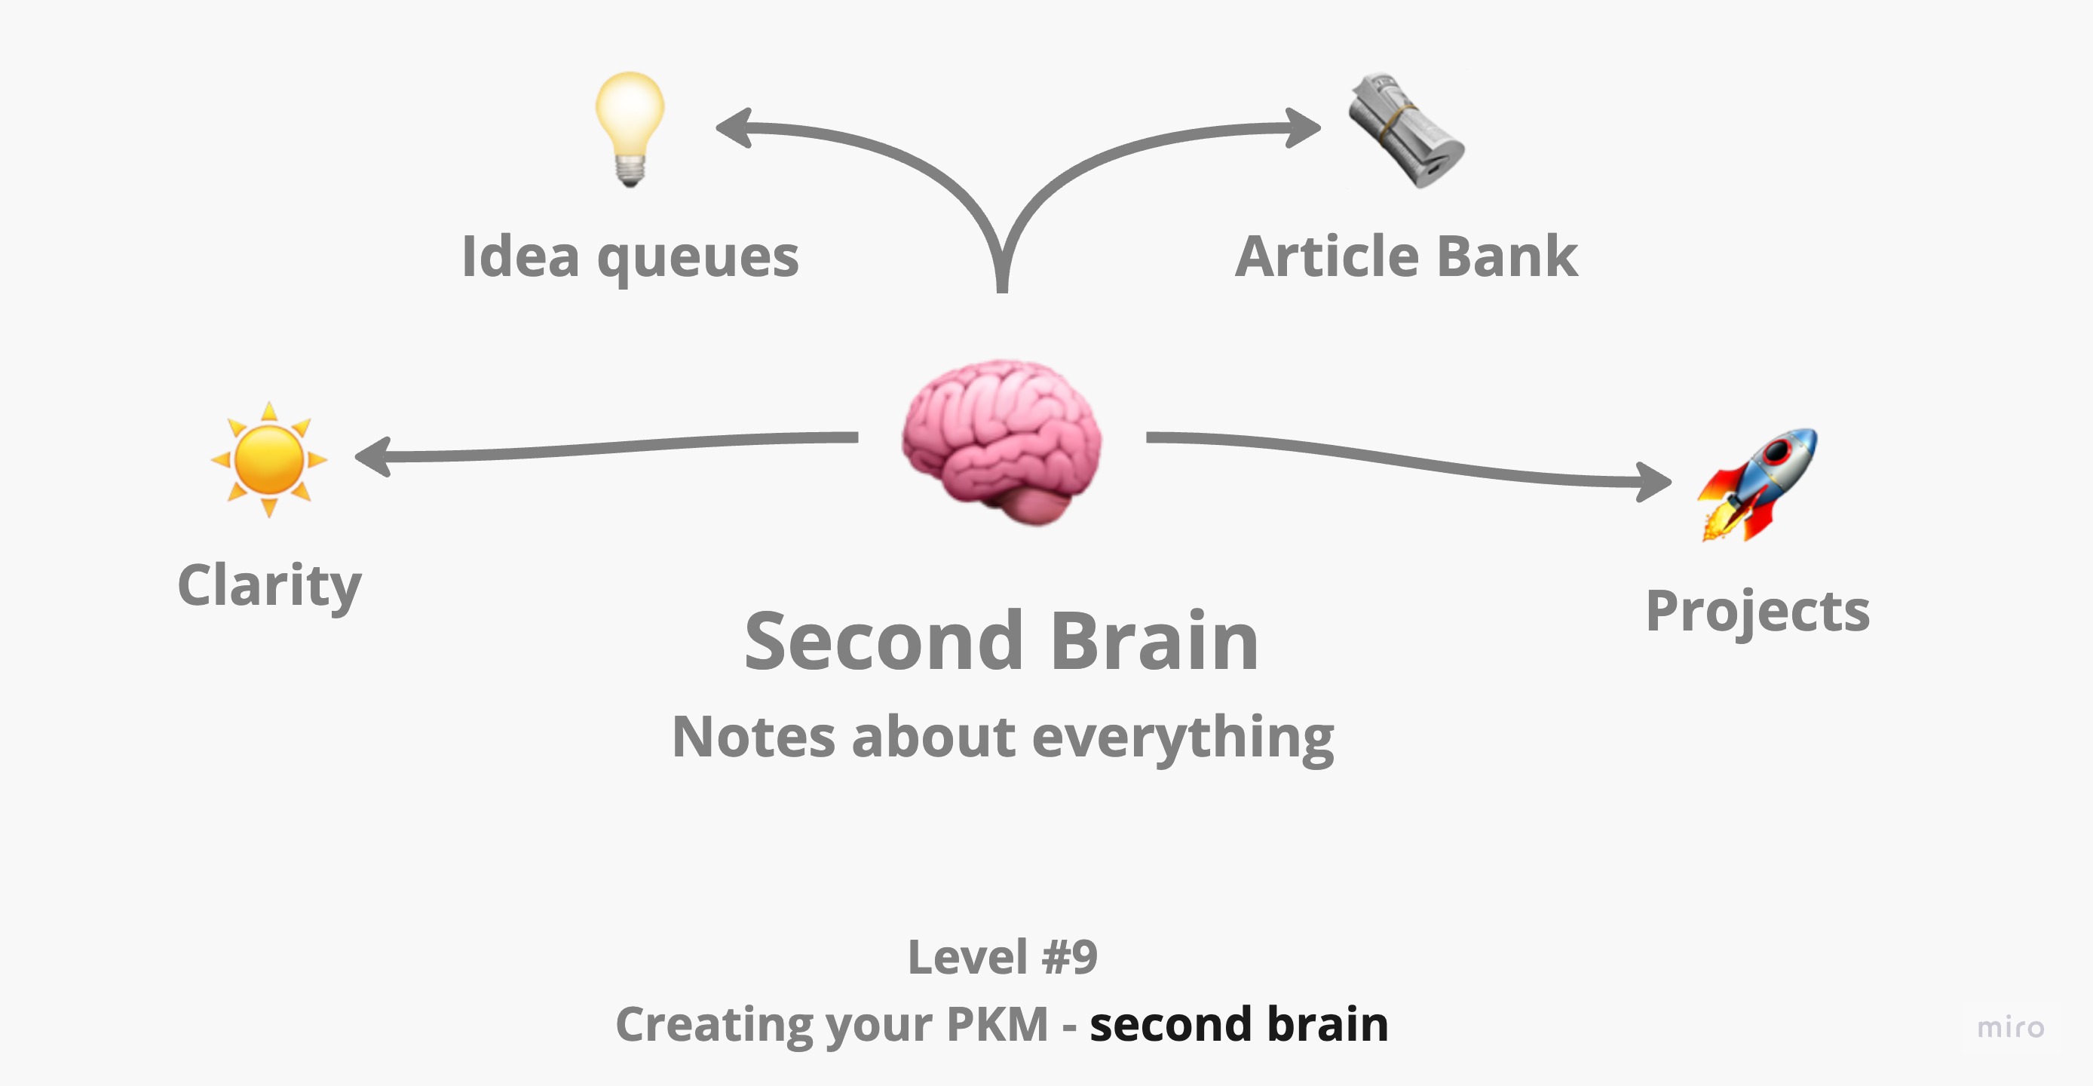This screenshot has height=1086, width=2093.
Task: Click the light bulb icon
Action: (x=630, y=128)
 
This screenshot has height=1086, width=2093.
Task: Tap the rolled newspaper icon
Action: (x=1405, y=130)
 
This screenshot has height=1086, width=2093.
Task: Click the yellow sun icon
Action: (x=269, y=459)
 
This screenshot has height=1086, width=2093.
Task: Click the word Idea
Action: (x=520, y=257)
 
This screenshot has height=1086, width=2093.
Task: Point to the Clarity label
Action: (x=269, y=585)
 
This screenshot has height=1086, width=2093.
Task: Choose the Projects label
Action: (x=1757, y=612)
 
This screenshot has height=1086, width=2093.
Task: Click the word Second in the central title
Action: (x=883, y=641)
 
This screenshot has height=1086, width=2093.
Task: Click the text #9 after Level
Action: (x=1070, y=957)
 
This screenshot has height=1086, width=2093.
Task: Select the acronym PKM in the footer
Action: (x=997, y=1023)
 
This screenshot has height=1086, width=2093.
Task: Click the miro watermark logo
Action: (x=2010, y=1027)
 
